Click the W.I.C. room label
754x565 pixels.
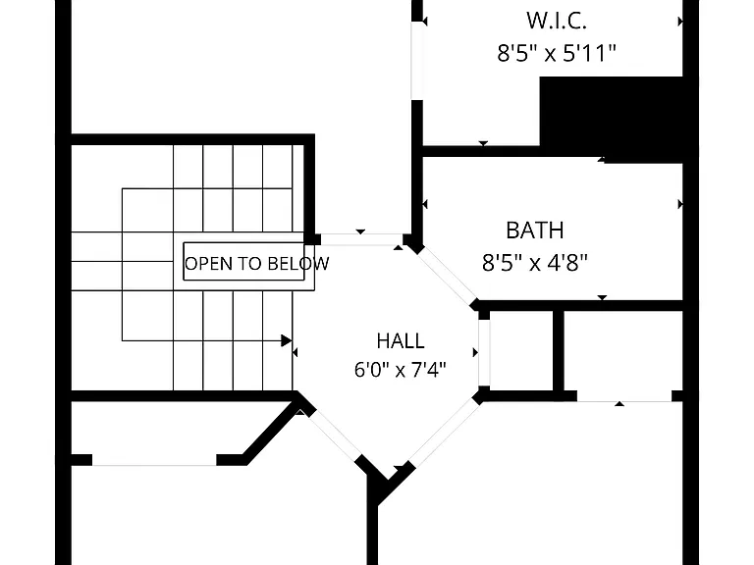(556, 21)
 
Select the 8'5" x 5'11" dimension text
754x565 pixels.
(557, 53)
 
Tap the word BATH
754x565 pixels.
(535, 231)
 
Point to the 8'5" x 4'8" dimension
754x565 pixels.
(535, 263)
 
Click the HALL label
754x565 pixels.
(401, 340)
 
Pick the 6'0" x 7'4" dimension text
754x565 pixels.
(401, 370)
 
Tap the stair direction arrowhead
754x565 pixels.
(286, 340)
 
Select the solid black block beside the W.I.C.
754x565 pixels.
(612, 118)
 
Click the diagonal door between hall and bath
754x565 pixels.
(446, 277)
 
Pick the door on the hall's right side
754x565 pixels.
(484, 353)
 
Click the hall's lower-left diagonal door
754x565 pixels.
(334, 436)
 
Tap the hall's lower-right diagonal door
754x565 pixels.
(445, 433)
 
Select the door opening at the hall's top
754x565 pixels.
(361, 239)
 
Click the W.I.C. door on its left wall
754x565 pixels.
(417, 61)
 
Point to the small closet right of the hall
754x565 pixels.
(521, 351)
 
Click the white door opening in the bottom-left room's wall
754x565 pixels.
(154, 460)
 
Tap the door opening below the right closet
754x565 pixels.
(624, 396)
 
